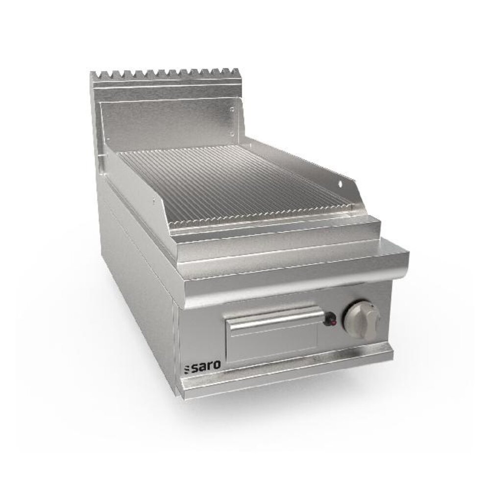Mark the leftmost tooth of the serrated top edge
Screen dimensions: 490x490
pyautogui.click(x=94, y=76)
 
